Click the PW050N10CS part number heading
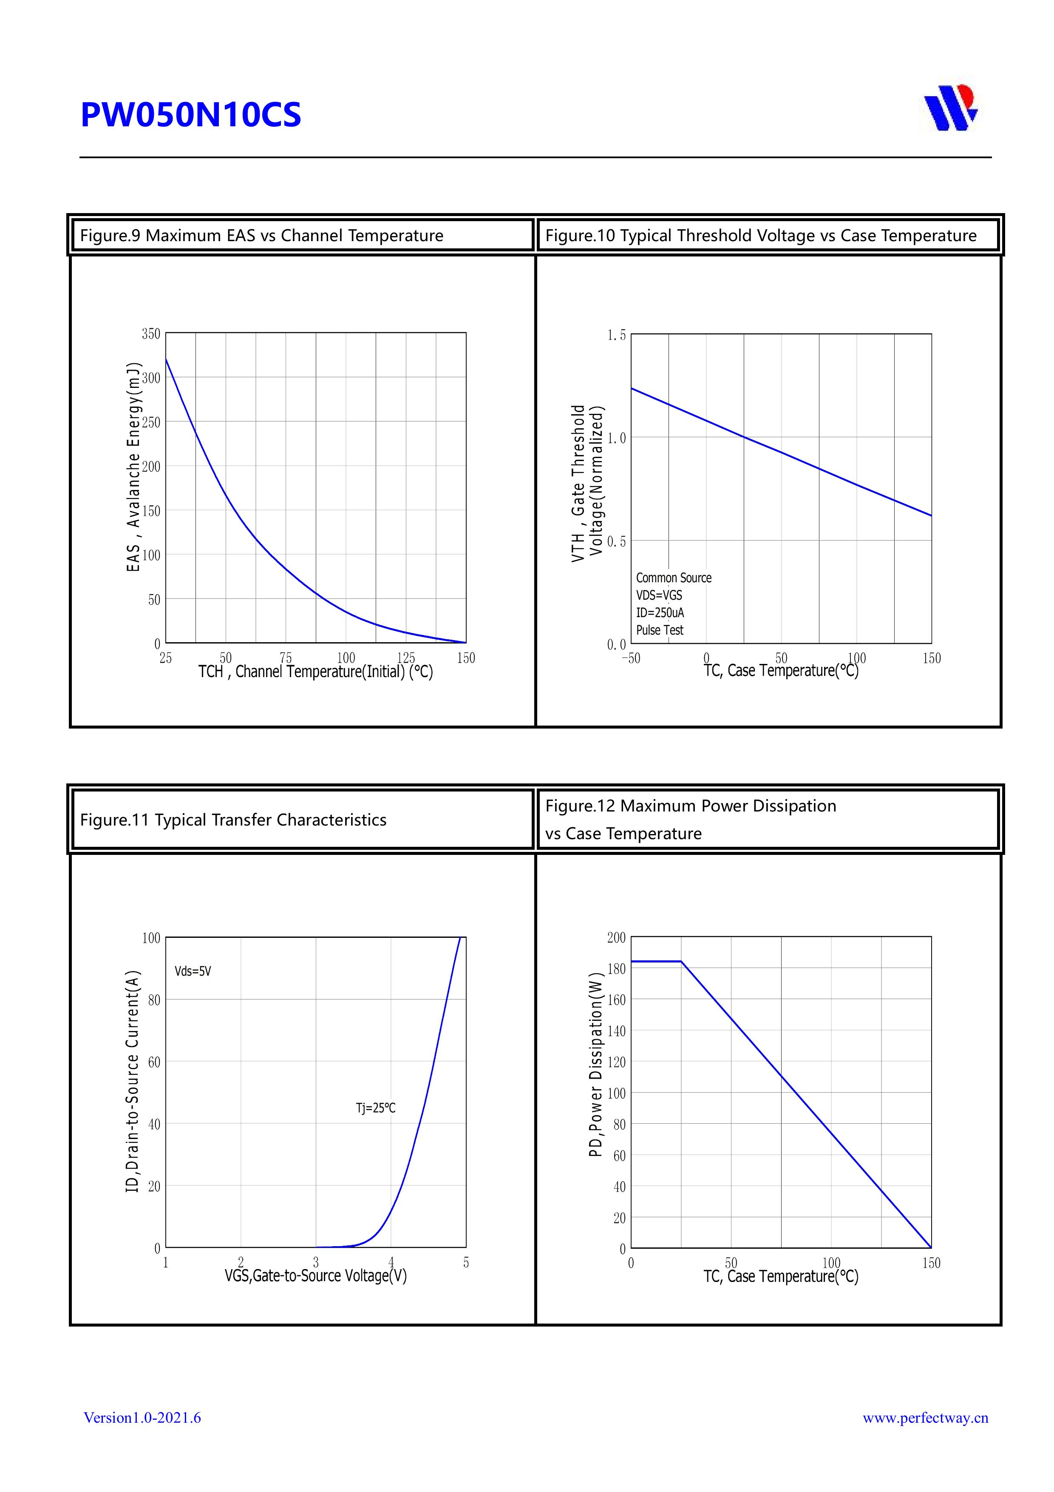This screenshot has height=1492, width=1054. tap(190, 115)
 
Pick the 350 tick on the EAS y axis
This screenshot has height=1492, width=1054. tap(151, 334)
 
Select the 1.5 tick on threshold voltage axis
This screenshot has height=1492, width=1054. tap(616, 335)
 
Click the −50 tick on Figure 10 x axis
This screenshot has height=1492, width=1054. tap(631, 658)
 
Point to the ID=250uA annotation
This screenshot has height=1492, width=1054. tap(660, 613)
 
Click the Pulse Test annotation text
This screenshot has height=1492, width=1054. tap(660, 630)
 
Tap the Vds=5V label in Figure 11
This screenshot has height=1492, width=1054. tap(193, 971)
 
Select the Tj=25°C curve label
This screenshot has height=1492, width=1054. tap(375, 1108)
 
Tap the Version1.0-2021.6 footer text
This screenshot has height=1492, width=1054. tap(142, 1418)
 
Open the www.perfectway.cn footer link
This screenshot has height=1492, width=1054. tap(925, 1418)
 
